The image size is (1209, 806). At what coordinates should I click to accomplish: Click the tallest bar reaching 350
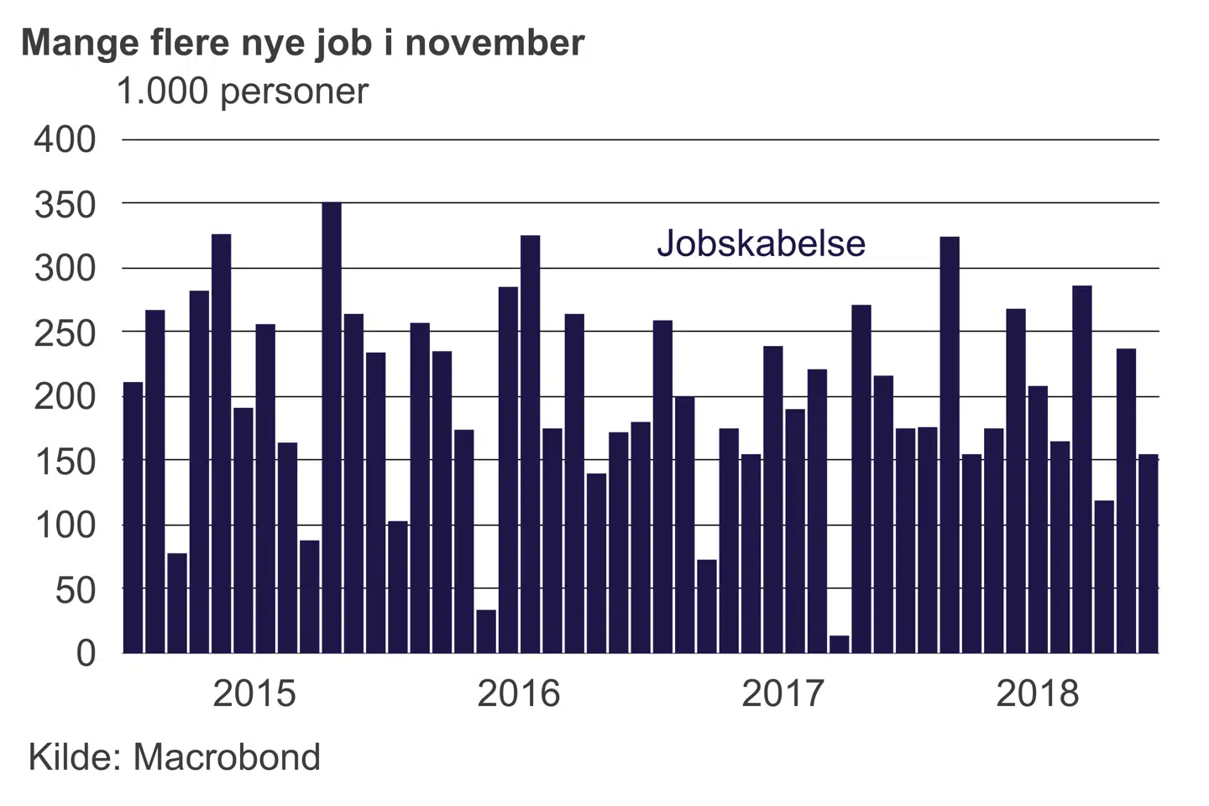pyautogui.click(x=332, y=427)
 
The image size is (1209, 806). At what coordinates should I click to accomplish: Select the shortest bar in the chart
pyautogui.click(x=839, y=644)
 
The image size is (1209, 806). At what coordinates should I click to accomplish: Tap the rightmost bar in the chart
pyautogui.click(x=1148, y=553)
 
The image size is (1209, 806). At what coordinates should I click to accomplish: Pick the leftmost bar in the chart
pyautogui.click(x=133, y=517)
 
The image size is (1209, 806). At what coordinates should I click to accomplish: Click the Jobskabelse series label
pyautogui.click(x=761, y=243)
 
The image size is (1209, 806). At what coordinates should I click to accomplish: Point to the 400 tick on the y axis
pyautogui.click(x=65, y=139)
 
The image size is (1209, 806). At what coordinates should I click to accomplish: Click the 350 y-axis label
pyautogui.click(x=65, y=204)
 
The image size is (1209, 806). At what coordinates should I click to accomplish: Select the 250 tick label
pyautogui.click(x=65, y=333)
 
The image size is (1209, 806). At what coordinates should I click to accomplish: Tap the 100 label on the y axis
pyautogui.click(x=65, y=526)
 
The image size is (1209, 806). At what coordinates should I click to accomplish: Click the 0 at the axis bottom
pyautogui.click(x=86, y=653)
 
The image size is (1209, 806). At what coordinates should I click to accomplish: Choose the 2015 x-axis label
pyautogui.click(x=254, y=693)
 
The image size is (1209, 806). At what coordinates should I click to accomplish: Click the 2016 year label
pyautogui.click(x=518, y=693)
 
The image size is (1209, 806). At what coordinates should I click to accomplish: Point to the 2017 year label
pyautogui.click(x=782, y=693)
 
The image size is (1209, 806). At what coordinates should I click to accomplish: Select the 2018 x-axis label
pyautogui.click(x=1037, y=693)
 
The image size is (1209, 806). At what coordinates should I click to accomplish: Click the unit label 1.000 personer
pyautogui.click(x=242, y=92)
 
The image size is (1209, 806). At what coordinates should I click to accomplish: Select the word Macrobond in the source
pyautogui.click(x=227, y=757)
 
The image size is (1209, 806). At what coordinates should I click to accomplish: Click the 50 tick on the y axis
pyautogui.click(x=76, y=591)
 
